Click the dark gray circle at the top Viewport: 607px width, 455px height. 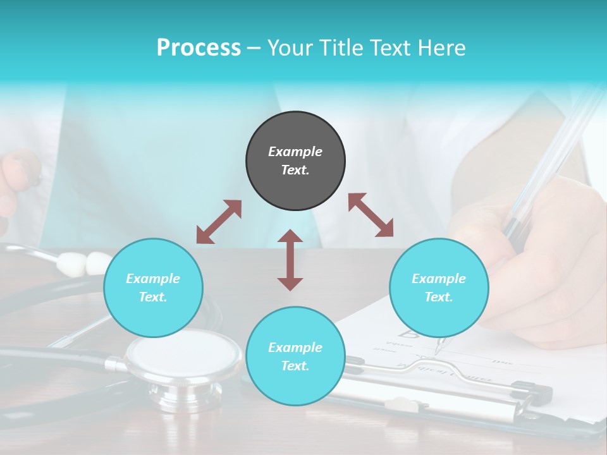(295, 161)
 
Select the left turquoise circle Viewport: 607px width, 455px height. (153, 288)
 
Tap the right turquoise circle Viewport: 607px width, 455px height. (439, 288)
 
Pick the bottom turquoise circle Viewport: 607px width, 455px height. (295, 356)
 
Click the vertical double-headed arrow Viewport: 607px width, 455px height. (290, 260)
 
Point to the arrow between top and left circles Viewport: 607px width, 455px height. (219, 222)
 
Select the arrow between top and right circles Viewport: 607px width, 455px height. (371, 215)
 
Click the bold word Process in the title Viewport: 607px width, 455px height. (199, 47)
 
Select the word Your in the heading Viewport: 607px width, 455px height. (289, 47)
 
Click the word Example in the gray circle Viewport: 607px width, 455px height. (295, 152)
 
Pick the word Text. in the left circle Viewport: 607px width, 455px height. (153, 297)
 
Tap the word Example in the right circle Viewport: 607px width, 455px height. (439, 279)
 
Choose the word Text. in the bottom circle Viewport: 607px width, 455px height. (295, 366)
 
